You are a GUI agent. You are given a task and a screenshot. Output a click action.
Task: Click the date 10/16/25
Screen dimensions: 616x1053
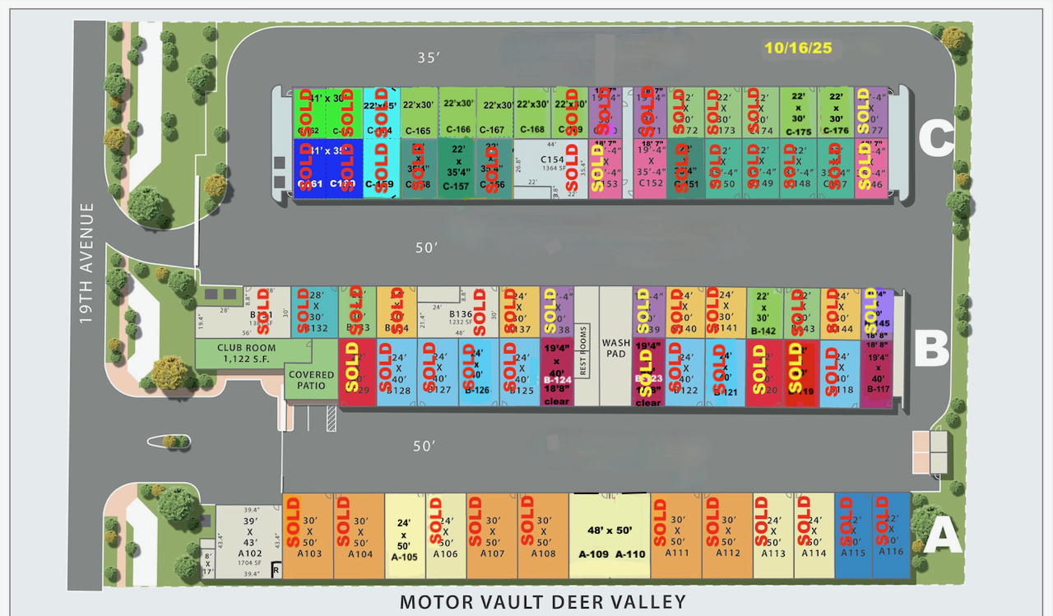[x=798, y=48]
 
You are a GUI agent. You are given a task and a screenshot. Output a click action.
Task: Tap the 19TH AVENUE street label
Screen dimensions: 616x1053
[x=88, y=263]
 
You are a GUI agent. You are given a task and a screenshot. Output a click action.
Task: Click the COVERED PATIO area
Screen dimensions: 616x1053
[x=311, y=380]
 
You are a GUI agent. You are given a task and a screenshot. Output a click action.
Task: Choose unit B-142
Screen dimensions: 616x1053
[x=763, y=313]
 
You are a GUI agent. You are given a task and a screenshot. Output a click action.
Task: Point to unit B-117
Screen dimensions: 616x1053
[x=878, y=373]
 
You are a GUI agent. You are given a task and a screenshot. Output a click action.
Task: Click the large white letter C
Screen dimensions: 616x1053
[x=936, y=139]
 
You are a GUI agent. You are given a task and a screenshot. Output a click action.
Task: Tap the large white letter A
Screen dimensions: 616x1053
[x=943, y=536]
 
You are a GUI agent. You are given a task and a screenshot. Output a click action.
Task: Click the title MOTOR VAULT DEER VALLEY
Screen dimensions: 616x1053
[x=542, y=602]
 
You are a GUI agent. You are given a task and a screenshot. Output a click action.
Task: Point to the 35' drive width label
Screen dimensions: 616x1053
[x=429, y=58]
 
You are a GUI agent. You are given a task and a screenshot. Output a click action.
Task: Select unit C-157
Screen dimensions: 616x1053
[x=457, y=169]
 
